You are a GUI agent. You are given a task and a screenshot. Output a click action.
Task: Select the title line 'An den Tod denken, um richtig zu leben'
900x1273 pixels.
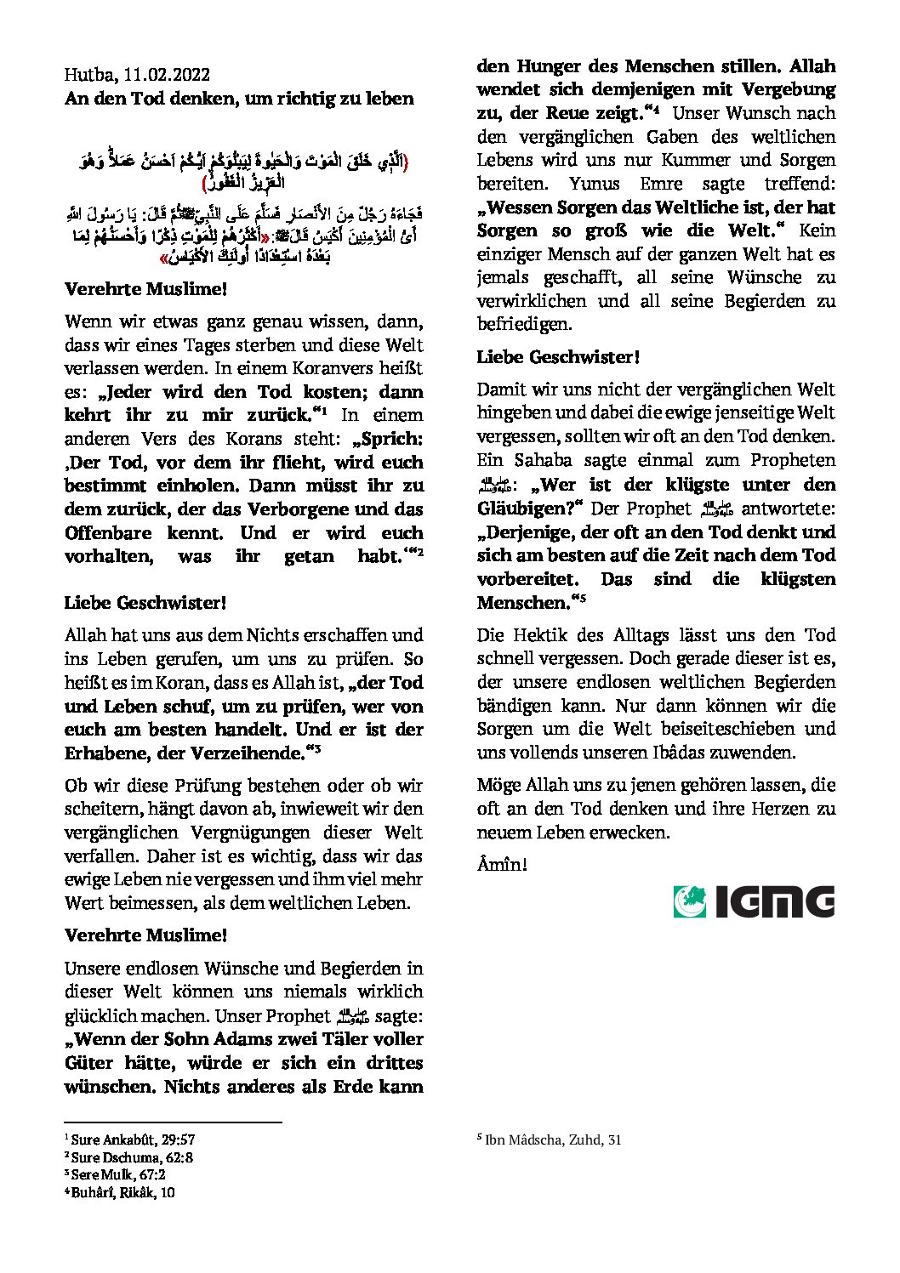click(239, 99)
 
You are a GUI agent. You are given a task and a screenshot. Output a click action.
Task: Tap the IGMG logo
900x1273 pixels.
click(754, 901)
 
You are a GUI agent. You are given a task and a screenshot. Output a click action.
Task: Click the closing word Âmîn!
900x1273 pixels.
click(502, 865)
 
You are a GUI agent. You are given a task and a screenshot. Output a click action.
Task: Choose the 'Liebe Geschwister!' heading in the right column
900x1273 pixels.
click(558, 357)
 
